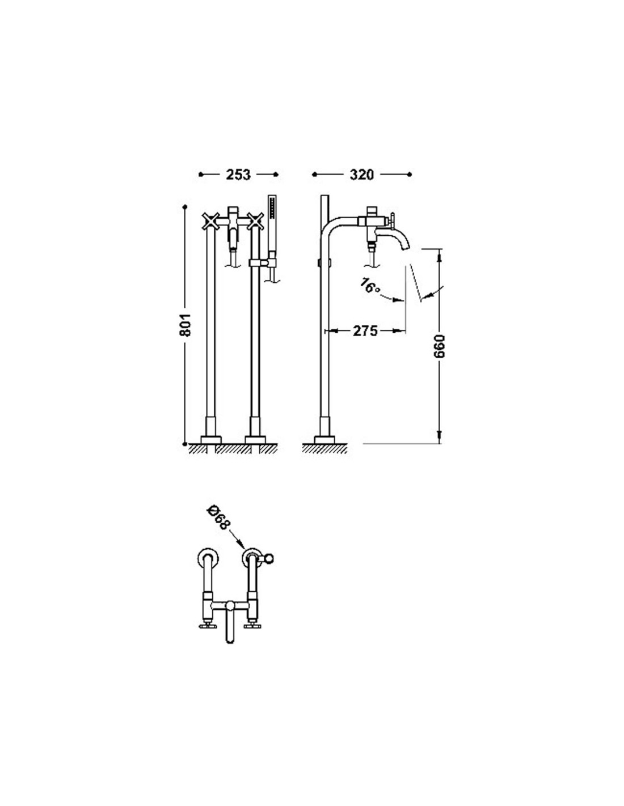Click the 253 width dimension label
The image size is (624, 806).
pyautogui.click(x=238, y=175)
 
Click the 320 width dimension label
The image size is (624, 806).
pyautogui.click(x=362, y=175)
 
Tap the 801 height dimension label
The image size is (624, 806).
pyautogui.click(x=185, y=325)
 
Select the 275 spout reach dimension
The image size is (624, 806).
pyautogui.click(x=365, y=330)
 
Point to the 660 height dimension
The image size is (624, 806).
pyautogui.click(x=439, y=346)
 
